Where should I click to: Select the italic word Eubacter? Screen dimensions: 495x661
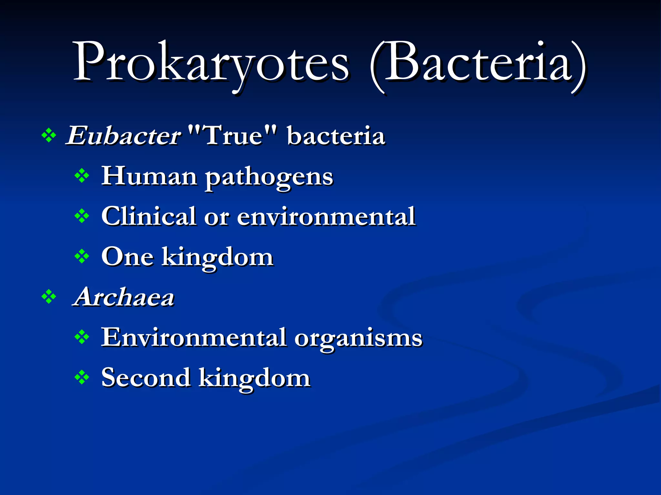pyautogui.click(x=124, y=136)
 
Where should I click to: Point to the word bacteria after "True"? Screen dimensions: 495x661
pyautogui.click(x=336, y=136)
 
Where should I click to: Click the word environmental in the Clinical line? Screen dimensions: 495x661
pyautogui.click(x=326, y=216)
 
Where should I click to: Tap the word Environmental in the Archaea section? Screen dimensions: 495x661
pyautogui.click(x=194, y=337)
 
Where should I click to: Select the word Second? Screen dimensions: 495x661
pyautogui.click(x=146, y=377)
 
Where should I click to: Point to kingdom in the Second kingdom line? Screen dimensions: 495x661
pyautogui.click(x=254, y=379)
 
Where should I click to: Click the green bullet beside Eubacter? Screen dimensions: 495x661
pyautogui.click(x=49, y=136)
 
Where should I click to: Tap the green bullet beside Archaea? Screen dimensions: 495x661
pyautogui.click(x=49, y=297)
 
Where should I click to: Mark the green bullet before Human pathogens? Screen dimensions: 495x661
pyautogui.click(x=82, y=176)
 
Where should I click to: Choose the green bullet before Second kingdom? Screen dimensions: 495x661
pyautogui.click(x=82, y=377)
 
